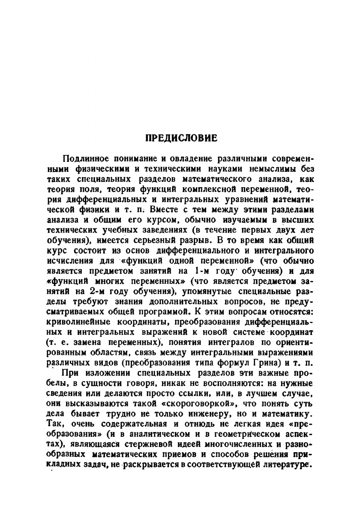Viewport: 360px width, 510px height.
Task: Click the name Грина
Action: pyautogui.click(x=267, y=349)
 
